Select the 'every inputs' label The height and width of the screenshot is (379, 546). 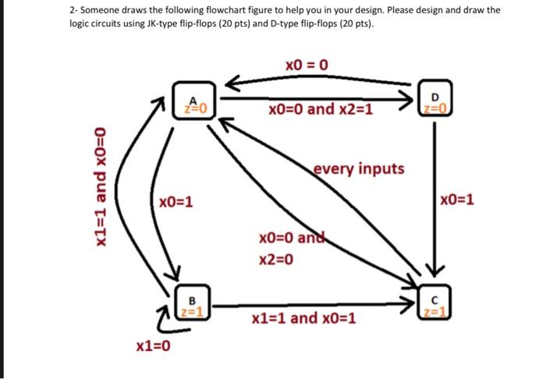point(359,168)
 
